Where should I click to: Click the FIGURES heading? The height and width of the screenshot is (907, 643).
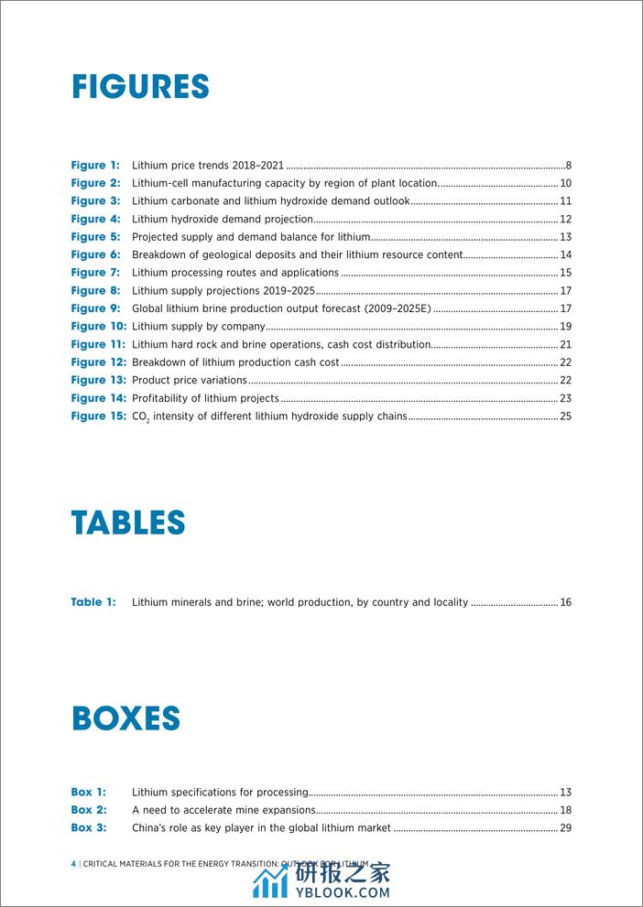pyautogui.click(x=140, y=87)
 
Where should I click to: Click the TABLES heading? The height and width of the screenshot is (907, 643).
pyautogui.click(x=128, y=523)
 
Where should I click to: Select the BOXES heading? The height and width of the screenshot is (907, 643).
pyautogui.click(x=125, y=718)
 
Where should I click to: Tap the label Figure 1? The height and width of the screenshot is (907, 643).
pyautogui.click(x=95, y=166)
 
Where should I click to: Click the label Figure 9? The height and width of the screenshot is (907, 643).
pyautogui.click(x=95, y=308)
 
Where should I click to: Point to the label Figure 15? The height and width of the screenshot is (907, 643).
pyautogui.click(x=98, y=416)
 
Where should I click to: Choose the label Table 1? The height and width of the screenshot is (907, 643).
pyautogui.click(x=93, y=602)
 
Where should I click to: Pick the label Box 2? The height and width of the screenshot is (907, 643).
pyautogui.click(x=89, y=810)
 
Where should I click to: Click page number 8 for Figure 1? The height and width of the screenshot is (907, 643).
pyautogui.click(x=568, y=166)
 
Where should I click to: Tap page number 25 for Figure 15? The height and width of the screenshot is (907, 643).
pyautogui.click(x=565, y=416)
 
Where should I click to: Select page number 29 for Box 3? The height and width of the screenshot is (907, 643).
pyautogui.click(x=565, y=828)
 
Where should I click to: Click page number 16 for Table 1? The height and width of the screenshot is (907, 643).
pyautogui.click(x=565, y=602)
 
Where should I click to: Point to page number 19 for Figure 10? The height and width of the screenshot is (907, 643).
pyautogui.click(x=565, y=327)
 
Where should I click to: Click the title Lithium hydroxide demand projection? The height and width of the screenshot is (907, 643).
pyautogui.click(x=223, y=220)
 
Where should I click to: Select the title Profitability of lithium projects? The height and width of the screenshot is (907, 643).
pyautogui.click(x=205, y=398)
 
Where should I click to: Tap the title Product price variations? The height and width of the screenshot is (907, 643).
pyautogui.click(x=190, y=381)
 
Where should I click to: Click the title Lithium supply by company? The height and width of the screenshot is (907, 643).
pyautogui.click(x=199, y=327)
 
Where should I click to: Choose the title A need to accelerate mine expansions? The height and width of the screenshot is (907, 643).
pyautogui.click(x=223, y=810)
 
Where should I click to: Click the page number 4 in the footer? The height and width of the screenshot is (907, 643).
pyautogui.click(x=73, y=863)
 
